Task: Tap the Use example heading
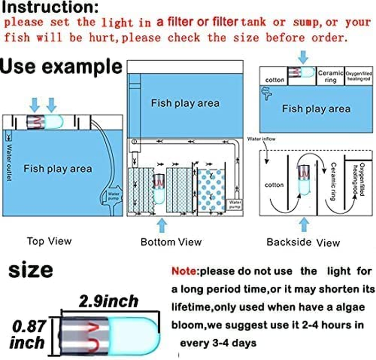[62, 66]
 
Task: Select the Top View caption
[49, 241]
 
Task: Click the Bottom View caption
[171, 242]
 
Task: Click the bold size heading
[31, 271]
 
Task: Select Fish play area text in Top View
[58, 169]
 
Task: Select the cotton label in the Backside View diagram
[274, 185]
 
